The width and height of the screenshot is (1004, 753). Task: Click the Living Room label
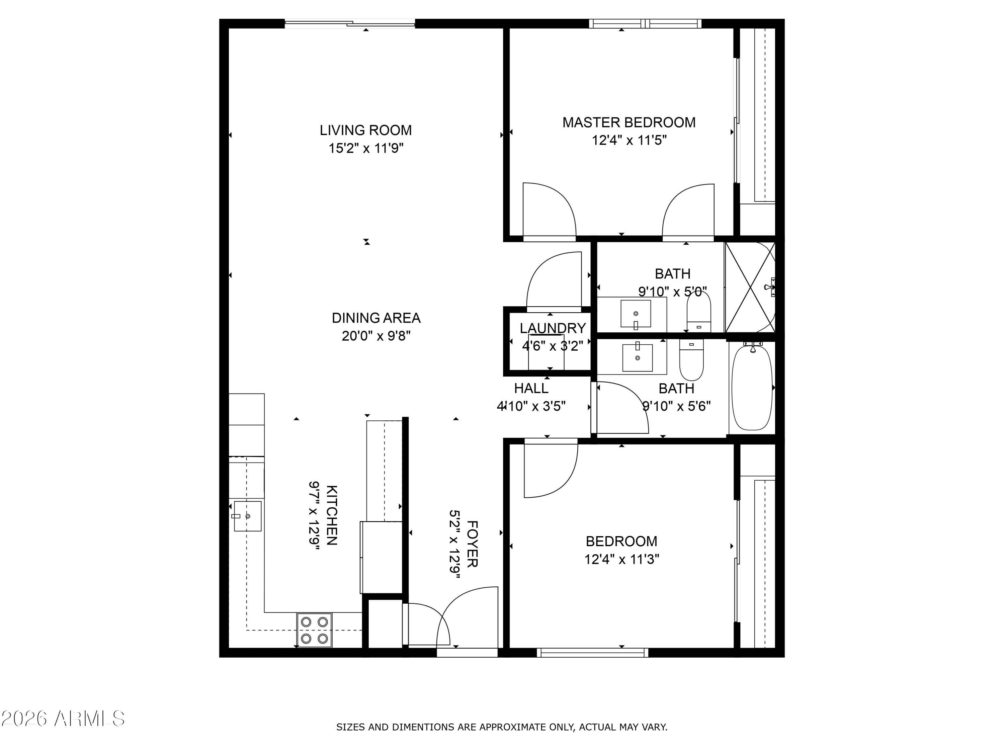click(x=365, y=130)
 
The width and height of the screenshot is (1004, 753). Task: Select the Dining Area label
click(x=376, y=318)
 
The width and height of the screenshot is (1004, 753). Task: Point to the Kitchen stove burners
click(x=314, y=630)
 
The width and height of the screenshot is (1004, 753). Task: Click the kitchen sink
click(x=247, y=516)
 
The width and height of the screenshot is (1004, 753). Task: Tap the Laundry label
click(x=553, y=328)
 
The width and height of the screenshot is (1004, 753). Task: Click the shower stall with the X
click(x=750, y=287)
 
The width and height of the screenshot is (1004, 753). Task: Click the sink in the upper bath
click(x=636, y=314)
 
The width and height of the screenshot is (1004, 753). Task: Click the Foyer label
click(x=472, y=544)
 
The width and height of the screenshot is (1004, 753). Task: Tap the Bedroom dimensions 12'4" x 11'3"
click(x=621, y=559)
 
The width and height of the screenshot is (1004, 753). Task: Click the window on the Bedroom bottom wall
click(x=592, y=653)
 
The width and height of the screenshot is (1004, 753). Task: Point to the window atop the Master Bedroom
click(x=645, y=24)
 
